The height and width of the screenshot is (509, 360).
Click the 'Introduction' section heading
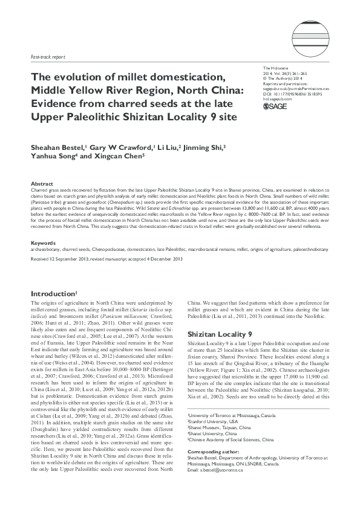(x=56, y=293)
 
